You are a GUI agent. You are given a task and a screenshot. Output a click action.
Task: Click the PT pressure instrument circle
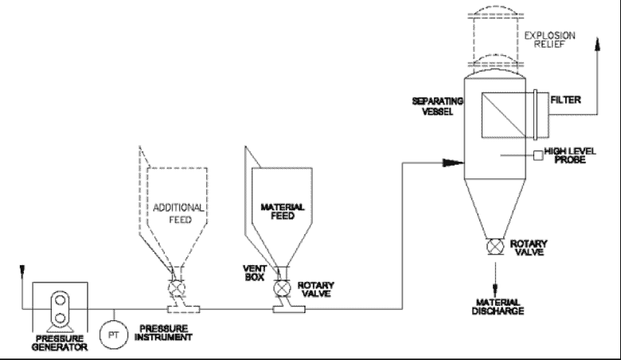click(114, 335)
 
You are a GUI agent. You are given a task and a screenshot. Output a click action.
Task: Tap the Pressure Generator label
click(60, 343)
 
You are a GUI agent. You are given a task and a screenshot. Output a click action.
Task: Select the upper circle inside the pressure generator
click(61, 300)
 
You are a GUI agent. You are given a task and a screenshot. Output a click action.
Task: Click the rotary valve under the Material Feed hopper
click(281, 288)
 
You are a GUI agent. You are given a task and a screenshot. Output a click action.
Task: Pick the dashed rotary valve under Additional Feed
click(175, 288)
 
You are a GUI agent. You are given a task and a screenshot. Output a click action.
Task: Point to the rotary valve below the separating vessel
click(495, 247)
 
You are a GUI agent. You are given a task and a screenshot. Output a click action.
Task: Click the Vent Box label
click(255, 273)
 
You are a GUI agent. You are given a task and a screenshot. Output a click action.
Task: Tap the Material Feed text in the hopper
click(283, 212)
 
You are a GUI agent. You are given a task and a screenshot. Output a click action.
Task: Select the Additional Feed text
click(178, 213)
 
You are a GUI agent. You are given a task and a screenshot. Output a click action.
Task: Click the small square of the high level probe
click(538, 155)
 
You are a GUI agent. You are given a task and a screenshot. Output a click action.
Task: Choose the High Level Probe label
click(570, 155)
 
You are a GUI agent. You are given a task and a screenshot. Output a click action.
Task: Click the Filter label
click(565, 100)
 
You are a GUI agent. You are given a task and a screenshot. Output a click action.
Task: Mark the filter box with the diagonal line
click(504, 115)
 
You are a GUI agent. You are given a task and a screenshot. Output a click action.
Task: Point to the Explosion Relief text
click(549, 40)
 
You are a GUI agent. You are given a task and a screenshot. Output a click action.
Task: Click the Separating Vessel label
click(438, 106)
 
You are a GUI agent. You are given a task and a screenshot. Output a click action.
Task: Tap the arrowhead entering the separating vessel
click(454, 162)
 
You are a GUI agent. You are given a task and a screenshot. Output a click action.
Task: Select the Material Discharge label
click(498, 307)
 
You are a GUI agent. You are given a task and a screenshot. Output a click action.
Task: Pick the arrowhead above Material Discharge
click(495, 288)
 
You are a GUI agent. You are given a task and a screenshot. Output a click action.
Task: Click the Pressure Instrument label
click(163, 333)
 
